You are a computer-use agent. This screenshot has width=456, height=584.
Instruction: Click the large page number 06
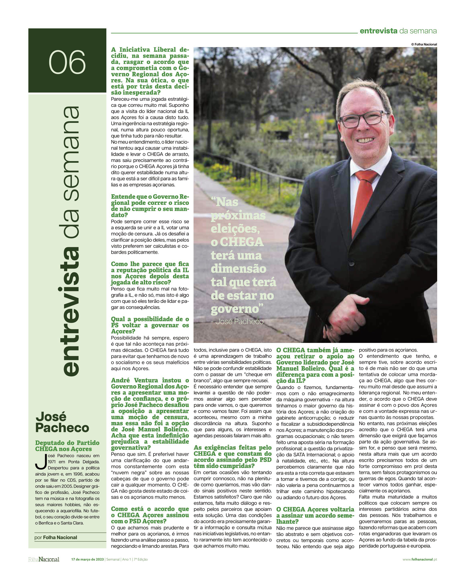coord(67,62)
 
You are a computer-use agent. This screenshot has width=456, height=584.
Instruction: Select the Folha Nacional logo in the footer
coord(44,559)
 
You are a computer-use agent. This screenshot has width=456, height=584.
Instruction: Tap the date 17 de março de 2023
coord(88,559)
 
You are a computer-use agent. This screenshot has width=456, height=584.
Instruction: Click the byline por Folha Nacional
coord(56,538)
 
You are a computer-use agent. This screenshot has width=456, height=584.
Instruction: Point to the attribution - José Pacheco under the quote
coord(237,321)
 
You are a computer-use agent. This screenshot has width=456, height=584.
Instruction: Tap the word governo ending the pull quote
coord(235,309)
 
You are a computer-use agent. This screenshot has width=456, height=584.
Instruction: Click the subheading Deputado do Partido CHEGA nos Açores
coord(67,446)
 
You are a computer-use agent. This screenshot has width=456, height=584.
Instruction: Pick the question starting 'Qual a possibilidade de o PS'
coord(150,325)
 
